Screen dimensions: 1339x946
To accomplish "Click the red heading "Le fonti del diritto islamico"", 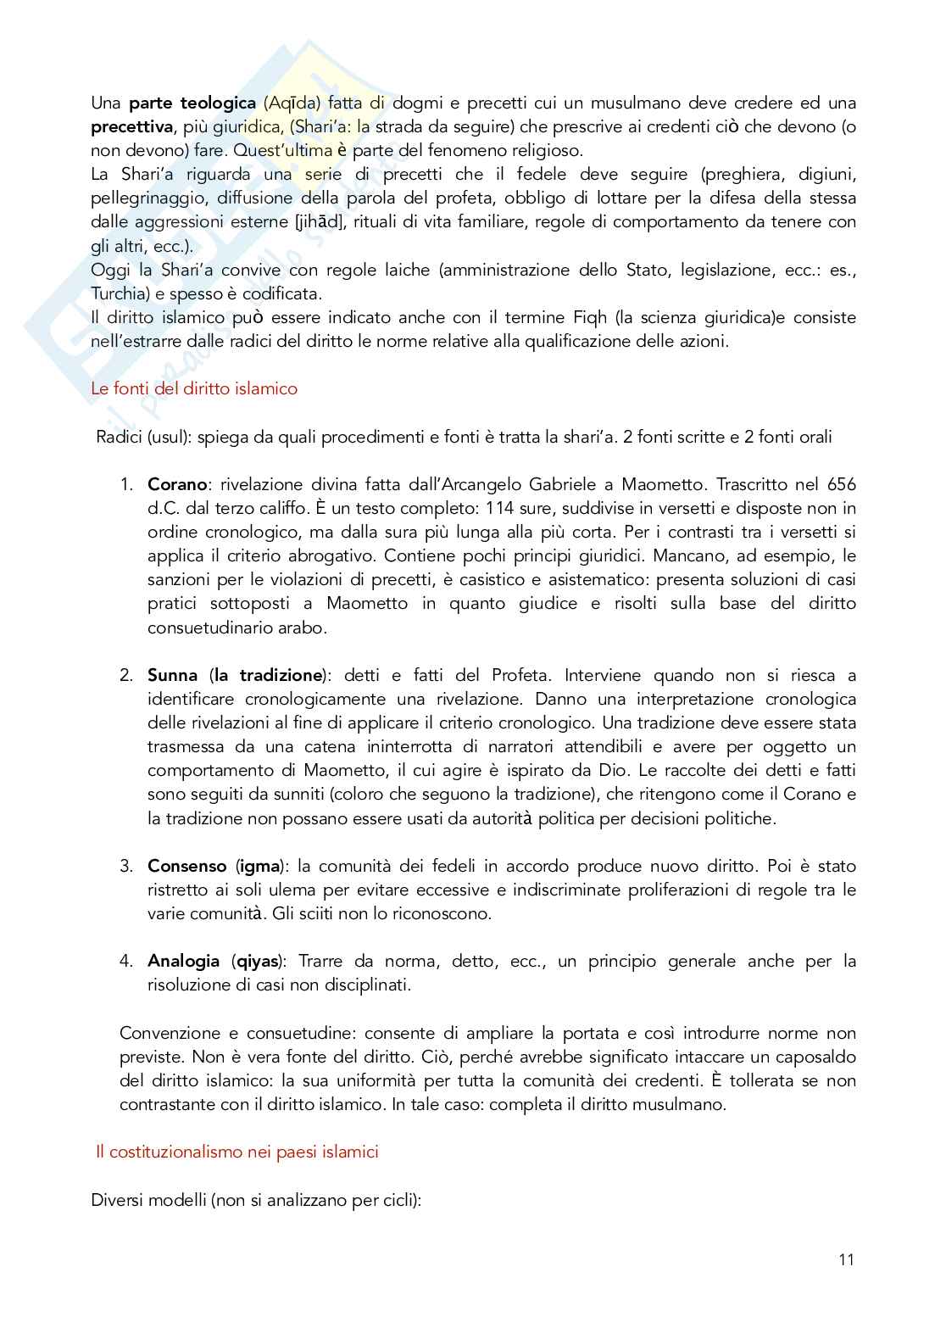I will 194,389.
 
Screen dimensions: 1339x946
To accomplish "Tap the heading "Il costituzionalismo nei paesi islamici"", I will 236,1152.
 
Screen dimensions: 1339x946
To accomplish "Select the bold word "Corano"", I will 177,484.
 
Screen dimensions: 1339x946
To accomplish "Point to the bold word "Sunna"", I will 172,676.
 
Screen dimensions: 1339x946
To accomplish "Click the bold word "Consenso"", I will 186,866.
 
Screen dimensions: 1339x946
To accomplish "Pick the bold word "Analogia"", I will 184,962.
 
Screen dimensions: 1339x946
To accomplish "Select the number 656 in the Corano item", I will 839,484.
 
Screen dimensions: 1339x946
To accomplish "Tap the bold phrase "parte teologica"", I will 192,103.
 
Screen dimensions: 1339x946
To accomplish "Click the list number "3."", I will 126,866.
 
